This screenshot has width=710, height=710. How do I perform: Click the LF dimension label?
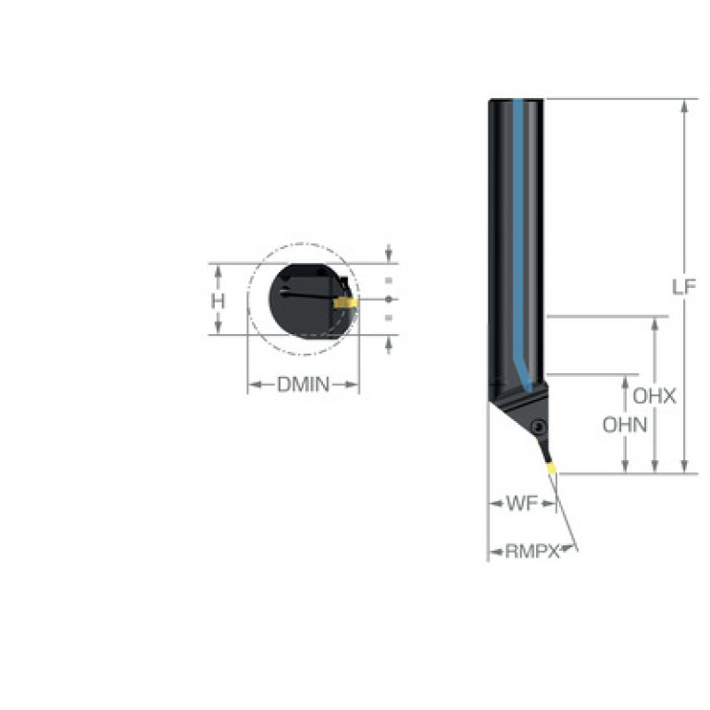684,287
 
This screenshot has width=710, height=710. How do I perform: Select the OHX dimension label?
654,397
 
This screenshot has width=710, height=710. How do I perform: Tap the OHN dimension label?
625,425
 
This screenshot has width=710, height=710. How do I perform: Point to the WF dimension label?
522,503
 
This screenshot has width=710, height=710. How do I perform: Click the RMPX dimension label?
532,552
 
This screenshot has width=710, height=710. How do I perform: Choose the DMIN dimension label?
304,385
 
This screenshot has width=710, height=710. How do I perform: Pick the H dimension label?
218,301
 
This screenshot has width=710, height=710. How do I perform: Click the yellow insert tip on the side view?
552,467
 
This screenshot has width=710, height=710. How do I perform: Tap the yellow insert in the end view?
345,303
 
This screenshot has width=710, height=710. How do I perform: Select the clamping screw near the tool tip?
539,426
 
